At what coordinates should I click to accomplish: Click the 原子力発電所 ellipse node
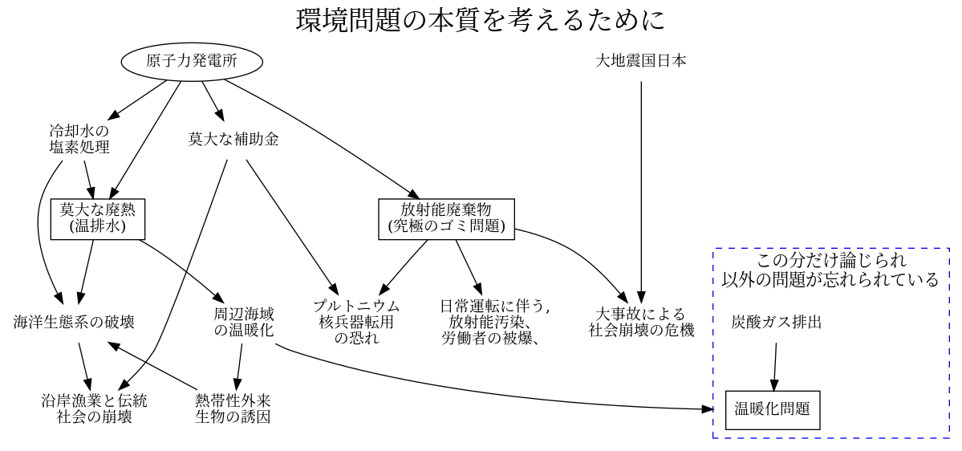tap(192, 61)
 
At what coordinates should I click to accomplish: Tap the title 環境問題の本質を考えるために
tap(481, 19)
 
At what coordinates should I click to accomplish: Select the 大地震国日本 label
tap(641, 61)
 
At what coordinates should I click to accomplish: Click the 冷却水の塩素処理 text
tap(79, 139)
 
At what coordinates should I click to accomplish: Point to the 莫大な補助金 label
tap(233, 139)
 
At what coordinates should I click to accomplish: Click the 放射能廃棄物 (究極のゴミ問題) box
tap(446, 218)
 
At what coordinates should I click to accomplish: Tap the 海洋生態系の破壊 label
tap(74, 323)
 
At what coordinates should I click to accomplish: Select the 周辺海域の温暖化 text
tap(244, 322)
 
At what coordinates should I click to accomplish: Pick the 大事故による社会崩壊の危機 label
tap(641, 322)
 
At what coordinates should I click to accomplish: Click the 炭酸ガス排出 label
tap(776, 323)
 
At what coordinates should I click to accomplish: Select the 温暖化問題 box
tap(773, 409)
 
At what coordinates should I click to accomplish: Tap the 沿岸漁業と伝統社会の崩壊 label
tap(94, 408)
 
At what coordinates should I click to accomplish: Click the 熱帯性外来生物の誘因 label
tap(233, 408)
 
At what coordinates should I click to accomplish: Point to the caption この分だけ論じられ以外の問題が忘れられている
tap(830, 270)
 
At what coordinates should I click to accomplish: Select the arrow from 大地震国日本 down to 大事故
tap(641, 185)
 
